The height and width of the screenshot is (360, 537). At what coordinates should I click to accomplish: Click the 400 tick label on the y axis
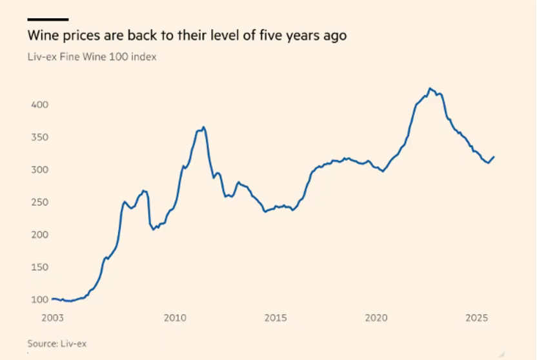pos(40,105)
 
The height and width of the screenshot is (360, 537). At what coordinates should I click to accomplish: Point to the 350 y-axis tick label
pos(40,137)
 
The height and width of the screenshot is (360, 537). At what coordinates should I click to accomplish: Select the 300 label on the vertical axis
pos(40,170)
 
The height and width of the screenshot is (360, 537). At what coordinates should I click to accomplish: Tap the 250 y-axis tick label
pos(40,202)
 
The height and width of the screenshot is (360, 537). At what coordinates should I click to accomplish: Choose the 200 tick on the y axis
pos(40,234)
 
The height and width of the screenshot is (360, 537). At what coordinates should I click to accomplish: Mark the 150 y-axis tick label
pos(40,267)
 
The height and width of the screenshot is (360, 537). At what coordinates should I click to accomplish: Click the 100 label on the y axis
pos(40,299)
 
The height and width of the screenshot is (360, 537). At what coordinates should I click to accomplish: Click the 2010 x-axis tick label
pos(175,318)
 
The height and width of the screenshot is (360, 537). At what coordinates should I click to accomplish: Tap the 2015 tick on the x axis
pos(276,318)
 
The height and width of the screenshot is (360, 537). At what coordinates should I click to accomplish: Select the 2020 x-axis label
pos(376,318)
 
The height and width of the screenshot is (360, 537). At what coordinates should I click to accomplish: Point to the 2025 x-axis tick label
pos(476,318)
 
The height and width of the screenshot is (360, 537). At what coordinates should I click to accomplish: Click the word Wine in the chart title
pos(41,35)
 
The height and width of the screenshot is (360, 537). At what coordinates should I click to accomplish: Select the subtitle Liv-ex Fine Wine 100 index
pos(92,57)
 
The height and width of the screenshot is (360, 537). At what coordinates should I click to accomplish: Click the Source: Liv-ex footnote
pos(57,343)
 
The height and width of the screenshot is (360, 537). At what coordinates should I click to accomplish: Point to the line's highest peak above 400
pos(431,88)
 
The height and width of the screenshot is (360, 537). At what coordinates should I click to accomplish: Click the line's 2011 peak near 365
pos(204,127)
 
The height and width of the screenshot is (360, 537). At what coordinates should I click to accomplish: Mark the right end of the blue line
pos(494,156)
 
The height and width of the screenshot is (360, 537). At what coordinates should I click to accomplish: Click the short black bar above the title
pos(48,20)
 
